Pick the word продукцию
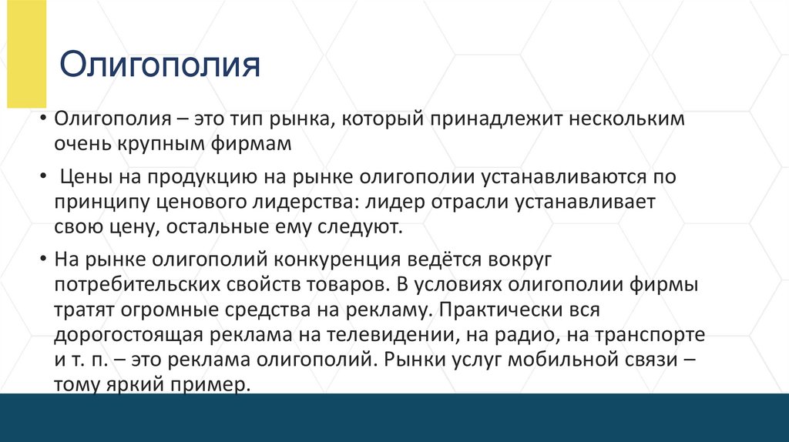[201, 178]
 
